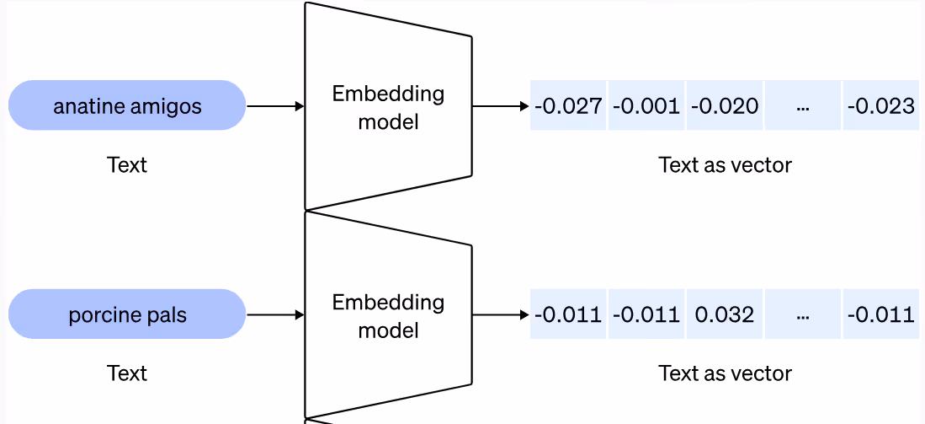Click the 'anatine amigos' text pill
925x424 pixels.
tap(127, 106)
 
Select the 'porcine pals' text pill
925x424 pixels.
tap(127, 315)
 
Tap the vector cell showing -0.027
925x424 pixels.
tap(568, 106)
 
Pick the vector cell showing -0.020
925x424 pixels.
tap(725, 106)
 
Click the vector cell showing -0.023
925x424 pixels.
tap(880, 106)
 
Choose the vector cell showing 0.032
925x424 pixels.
tap(725, 315)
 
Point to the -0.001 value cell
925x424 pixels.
tap(646, 106)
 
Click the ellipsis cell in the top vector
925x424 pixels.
tap(802, 106)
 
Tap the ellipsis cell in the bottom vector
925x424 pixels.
tap(802, 315)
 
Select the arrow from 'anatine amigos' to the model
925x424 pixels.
tap(275, 106)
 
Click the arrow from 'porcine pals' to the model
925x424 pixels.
tap(275, 315)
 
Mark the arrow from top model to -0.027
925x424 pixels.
tap(501, 106)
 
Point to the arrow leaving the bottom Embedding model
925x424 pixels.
tap(501, 315)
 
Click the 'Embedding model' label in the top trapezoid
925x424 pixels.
tap(388, 107)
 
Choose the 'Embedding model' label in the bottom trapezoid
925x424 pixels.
tap(388, 316)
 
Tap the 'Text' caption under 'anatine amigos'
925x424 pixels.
tap(127, 164)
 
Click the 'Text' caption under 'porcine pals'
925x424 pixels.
tap(127, 373)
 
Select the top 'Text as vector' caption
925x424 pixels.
tap(725, 164)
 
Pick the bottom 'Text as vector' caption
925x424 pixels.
tap(725, 373)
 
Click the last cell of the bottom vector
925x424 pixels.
tap(880, 315)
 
